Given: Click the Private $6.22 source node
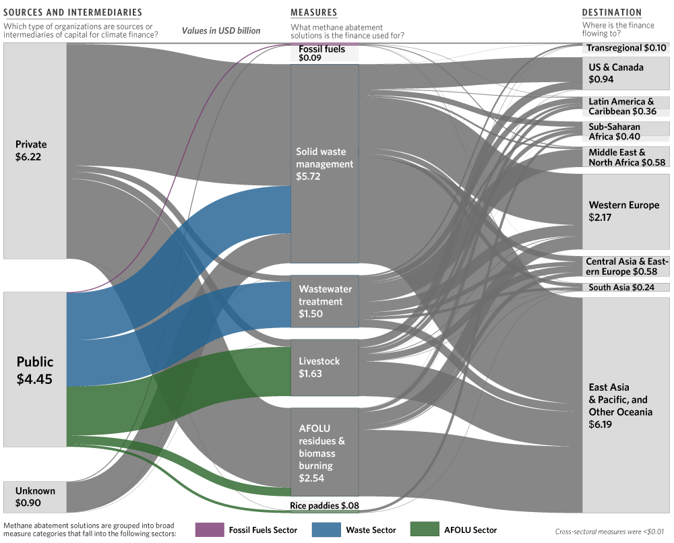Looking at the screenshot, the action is (x=35, y=151).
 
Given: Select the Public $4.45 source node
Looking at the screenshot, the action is (x=35, y=369).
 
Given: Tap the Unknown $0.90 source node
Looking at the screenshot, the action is (x=35, y=497).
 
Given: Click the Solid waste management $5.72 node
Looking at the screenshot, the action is (x=325, y=164).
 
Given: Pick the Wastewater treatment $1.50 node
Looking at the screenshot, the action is (x=325, y=301).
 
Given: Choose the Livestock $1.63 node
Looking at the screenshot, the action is (x=325, y=367).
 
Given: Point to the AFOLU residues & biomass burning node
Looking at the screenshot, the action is (x=325, y=452).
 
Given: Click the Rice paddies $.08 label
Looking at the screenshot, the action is (x=325, y=506).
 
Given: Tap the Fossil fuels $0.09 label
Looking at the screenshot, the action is (x=322, y=53).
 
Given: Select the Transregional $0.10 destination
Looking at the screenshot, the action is (x=626, y=48).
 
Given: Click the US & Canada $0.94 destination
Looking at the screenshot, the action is (x=626, y=73).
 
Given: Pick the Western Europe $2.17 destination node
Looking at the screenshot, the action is (x=626, y=212).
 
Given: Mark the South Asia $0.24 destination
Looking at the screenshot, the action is (x=626, y=288).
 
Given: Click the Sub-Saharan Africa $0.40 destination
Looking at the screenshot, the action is (x=626, y=131).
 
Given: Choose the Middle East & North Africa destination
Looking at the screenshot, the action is (x=626, y=157).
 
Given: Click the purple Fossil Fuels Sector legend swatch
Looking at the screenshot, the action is (x=210, y=530).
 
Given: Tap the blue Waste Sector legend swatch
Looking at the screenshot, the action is (x=326, y=530).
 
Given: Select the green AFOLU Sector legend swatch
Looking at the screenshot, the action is (x=425, y=530).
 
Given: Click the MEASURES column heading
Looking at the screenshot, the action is (x=314, y=12).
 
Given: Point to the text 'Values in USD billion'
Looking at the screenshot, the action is (x=221, y=30).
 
